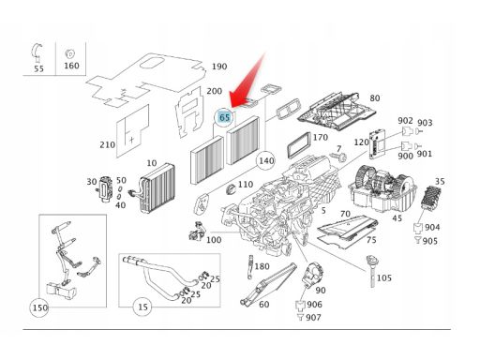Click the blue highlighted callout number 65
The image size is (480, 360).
(224, 117)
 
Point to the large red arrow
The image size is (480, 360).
(247, 81)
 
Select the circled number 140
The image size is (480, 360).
(265, 161)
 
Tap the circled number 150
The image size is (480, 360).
(40, 307)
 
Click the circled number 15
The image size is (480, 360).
(142, 307)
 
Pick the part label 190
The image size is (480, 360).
(219, 67)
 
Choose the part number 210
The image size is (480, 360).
(107, 145)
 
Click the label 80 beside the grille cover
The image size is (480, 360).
(375, 98)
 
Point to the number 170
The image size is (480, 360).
(321, 137)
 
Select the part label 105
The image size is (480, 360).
(384, 277)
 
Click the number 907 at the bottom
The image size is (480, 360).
(313, 318)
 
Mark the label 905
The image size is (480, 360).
(430, 241)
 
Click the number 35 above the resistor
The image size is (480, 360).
(440, 182)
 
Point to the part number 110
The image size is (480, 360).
(246, 185)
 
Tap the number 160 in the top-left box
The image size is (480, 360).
(71, 66)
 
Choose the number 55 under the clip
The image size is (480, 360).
(38, 68)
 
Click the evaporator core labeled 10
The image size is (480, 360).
(157, 188)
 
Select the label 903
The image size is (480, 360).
(425, 123)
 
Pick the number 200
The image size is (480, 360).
(215, 91)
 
